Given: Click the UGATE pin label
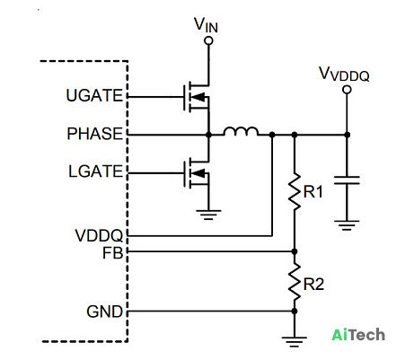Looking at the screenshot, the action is pyautogui.click(x=94, y=96).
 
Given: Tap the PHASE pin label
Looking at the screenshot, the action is pyautogui.click(x=95, y=134).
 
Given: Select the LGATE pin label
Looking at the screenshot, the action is pyautogui.click(x=96, y=171).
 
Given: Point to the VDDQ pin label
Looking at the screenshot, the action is pyautogui.click(x=99, y=235).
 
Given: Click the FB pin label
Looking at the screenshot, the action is pyautogui.click(x=113, y=253).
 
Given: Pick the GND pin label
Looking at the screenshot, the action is pyautogui.click(x=105, y=312).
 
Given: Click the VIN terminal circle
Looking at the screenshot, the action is pyautogui.click(x=208, y=40).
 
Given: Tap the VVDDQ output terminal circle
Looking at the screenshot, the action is pyautogui.click(x=347, y=90).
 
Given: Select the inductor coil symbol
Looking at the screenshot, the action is pyautogui.click(x=241, y=132).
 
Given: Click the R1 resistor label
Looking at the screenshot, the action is pyautogui.click(x=313, y=192).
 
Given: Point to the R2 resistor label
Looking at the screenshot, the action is pyautogui.click(x=313, y=284).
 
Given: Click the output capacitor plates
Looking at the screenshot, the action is pyautogui.click(x=347, y=180).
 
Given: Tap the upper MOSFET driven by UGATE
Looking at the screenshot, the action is pyautogui.click(x=196, y=97).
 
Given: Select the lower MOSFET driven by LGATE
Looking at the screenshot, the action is pyautogui.click(x=196, y=173).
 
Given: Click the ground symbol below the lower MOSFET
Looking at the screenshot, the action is pyautogui.click(x=208, y=215).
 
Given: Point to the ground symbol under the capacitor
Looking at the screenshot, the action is pyautogui.click(x=347, y=225).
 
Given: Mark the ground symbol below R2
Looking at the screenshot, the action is pyautogui.click(x=295, y=342).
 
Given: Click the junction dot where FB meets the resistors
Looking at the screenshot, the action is pyautogui.click(x=295, y=251).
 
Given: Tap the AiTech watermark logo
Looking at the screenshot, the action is pyautogui.click(x=358, y=334).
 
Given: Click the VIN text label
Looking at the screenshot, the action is pyautogui.click(x=206, y=25).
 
